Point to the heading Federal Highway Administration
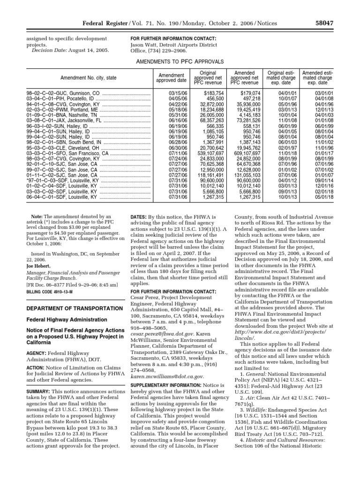click(65, 320)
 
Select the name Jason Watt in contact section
click(146, 45)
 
